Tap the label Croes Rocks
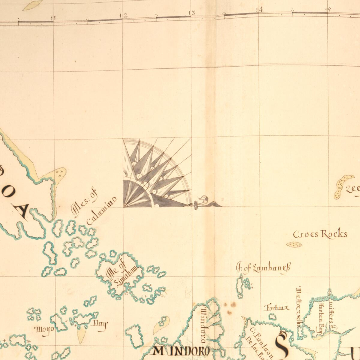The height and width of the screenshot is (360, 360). tap(320, 234)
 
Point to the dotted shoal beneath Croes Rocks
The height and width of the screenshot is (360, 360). tap(294, 245)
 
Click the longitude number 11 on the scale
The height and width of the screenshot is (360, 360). tap(54, 18)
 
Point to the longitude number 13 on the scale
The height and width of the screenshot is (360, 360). tap(192, 13)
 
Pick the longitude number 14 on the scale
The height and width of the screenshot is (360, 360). tap(260, 9)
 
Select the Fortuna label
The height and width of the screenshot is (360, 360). tap(277, 308)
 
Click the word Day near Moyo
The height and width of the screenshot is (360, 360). tap(100, 324)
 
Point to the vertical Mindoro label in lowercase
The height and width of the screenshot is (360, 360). tap(203, 324)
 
